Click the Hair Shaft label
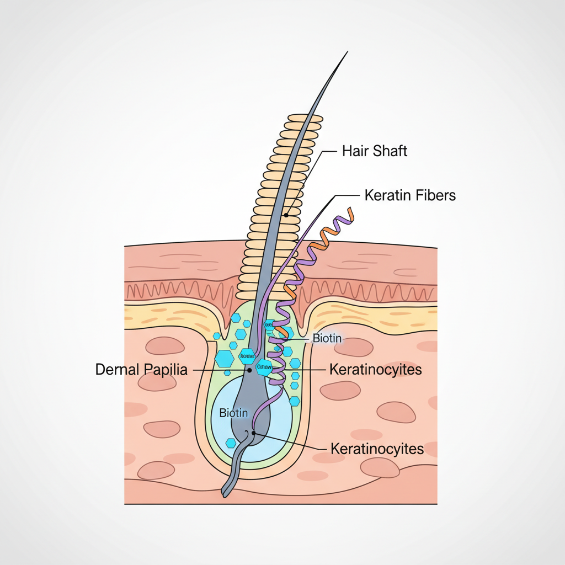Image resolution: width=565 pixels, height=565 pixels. click(375, 151)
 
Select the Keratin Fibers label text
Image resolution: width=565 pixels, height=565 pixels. click(410, 195)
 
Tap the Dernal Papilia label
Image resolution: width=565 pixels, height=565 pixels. click(141, 370)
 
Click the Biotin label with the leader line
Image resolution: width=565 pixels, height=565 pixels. click(327, 338)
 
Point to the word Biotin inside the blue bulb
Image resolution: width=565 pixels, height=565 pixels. click(233, 412)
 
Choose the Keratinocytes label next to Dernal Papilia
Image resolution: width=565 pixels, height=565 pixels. click(375, 370)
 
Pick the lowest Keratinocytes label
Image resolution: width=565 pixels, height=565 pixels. click(377, 449)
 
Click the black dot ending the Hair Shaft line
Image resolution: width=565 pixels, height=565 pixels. click(286, 215)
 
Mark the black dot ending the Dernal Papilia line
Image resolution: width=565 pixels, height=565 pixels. click(249, 370)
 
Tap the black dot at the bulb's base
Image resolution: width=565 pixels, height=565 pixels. click(254, 433)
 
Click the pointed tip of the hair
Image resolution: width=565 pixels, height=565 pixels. click(347, 52)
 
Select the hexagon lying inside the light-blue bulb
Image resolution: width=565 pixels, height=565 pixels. click(231, 443)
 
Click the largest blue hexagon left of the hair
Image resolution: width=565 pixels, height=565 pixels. click(224, 359)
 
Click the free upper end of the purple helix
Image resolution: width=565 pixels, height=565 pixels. click(349, 210)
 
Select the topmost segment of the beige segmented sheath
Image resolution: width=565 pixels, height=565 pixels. click(305, 118)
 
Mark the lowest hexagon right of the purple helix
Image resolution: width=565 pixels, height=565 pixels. click(295, 401)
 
